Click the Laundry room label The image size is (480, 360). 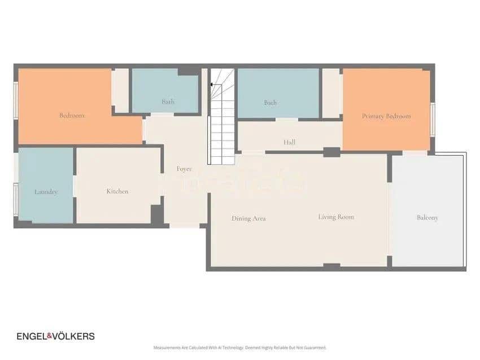46,192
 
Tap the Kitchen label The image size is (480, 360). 117,191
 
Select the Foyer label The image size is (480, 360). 184,169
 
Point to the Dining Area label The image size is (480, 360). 248,218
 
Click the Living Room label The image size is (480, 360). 336,217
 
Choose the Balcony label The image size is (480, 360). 427,217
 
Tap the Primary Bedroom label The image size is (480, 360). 386,116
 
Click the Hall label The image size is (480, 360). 290,143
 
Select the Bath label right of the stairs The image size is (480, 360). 270,103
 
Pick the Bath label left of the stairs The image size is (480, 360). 168,102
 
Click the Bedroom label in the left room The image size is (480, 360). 72,116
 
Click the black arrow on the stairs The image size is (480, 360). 212,85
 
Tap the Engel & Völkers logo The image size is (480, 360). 55,336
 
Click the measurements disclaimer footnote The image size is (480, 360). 240,348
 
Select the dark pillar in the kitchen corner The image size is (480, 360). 156,214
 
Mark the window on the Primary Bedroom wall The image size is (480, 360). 433,120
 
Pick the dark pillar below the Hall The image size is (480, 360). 331,152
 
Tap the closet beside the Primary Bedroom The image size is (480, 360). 331,93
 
